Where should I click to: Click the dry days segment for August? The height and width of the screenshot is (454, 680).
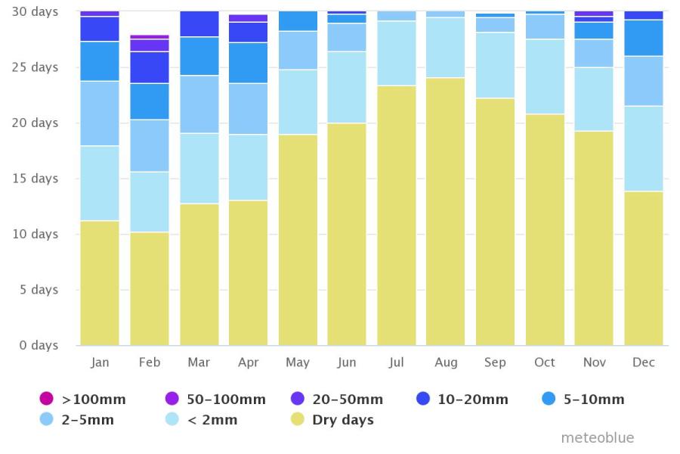(x=446, y=212)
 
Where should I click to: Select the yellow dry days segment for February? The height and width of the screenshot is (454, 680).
(x=150, y=289)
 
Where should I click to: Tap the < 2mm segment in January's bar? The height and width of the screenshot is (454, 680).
(x=100, y=183)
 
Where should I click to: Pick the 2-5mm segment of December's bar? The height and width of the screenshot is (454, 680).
(x=644, y=81)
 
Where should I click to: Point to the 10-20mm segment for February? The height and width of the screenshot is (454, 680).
(x=150, y=67)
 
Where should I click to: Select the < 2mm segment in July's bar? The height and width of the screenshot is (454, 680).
(x=397, y=53)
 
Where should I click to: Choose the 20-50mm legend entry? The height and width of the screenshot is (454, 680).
(x=336, y=399)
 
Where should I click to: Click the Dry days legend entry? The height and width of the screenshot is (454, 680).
(x=332, y=420)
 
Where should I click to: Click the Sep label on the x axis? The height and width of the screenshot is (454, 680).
(x=495, y=362)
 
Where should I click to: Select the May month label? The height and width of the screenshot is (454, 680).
(x=298, y=362)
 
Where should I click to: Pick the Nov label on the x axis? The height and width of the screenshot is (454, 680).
(x=594, y=362)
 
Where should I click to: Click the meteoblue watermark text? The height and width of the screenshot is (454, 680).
(x=597, y=438)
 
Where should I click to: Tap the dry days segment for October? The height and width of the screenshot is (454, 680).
(x=545, y=230)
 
